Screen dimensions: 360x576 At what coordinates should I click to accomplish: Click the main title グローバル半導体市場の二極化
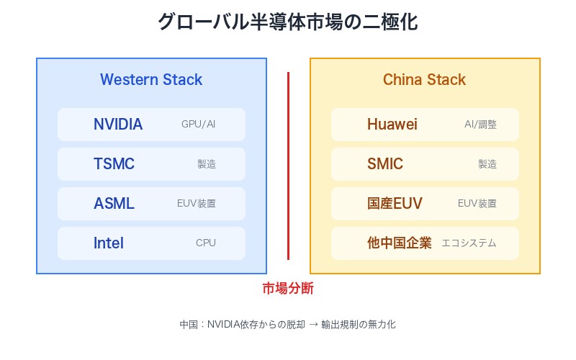(288, 22)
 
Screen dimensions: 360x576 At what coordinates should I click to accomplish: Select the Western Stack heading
(151, 79)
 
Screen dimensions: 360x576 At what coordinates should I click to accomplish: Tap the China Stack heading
(424, 79)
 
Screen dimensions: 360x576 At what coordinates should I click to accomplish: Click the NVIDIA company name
(118, 124)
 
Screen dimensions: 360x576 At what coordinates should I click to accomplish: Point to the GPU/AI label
(199, 125)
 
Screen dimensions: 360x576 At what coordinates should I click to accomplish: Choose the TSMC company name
(114, 163)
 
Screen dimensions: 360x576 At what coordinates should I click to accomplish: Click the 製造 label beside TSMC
(206, 164)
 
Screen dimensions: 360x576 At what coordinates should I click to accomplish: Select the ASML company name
(114, 203)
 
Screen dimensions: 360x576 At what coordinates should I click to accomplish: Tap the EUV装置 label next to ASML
(196, 204)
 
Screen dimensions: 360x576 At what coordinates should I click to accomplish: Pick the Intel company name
(109, 243)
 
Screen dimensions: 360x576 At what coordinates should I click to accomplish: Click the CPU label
(206, 243)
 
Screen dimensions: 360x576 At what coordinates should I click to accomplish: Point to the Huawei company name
(392, 124)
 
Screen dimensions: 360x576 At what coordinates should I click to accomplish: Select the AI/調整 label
(480, 125)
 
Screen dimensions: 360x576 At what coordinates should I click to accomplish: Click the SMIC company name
(385, 163)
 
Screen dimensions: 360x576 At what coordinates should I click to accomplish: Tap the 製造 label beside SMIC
(487, 164)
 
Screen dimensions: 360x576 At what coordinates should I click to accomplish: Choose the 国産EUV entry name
(395, 203)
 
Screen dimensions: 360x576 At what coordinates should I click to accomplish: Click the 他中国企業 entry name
(400, 243)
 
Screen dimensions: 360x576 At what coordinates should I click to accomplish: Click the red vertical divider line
(288, 166)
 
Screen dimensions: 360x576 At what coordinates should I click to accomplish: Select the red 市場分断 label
(288, 289)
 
